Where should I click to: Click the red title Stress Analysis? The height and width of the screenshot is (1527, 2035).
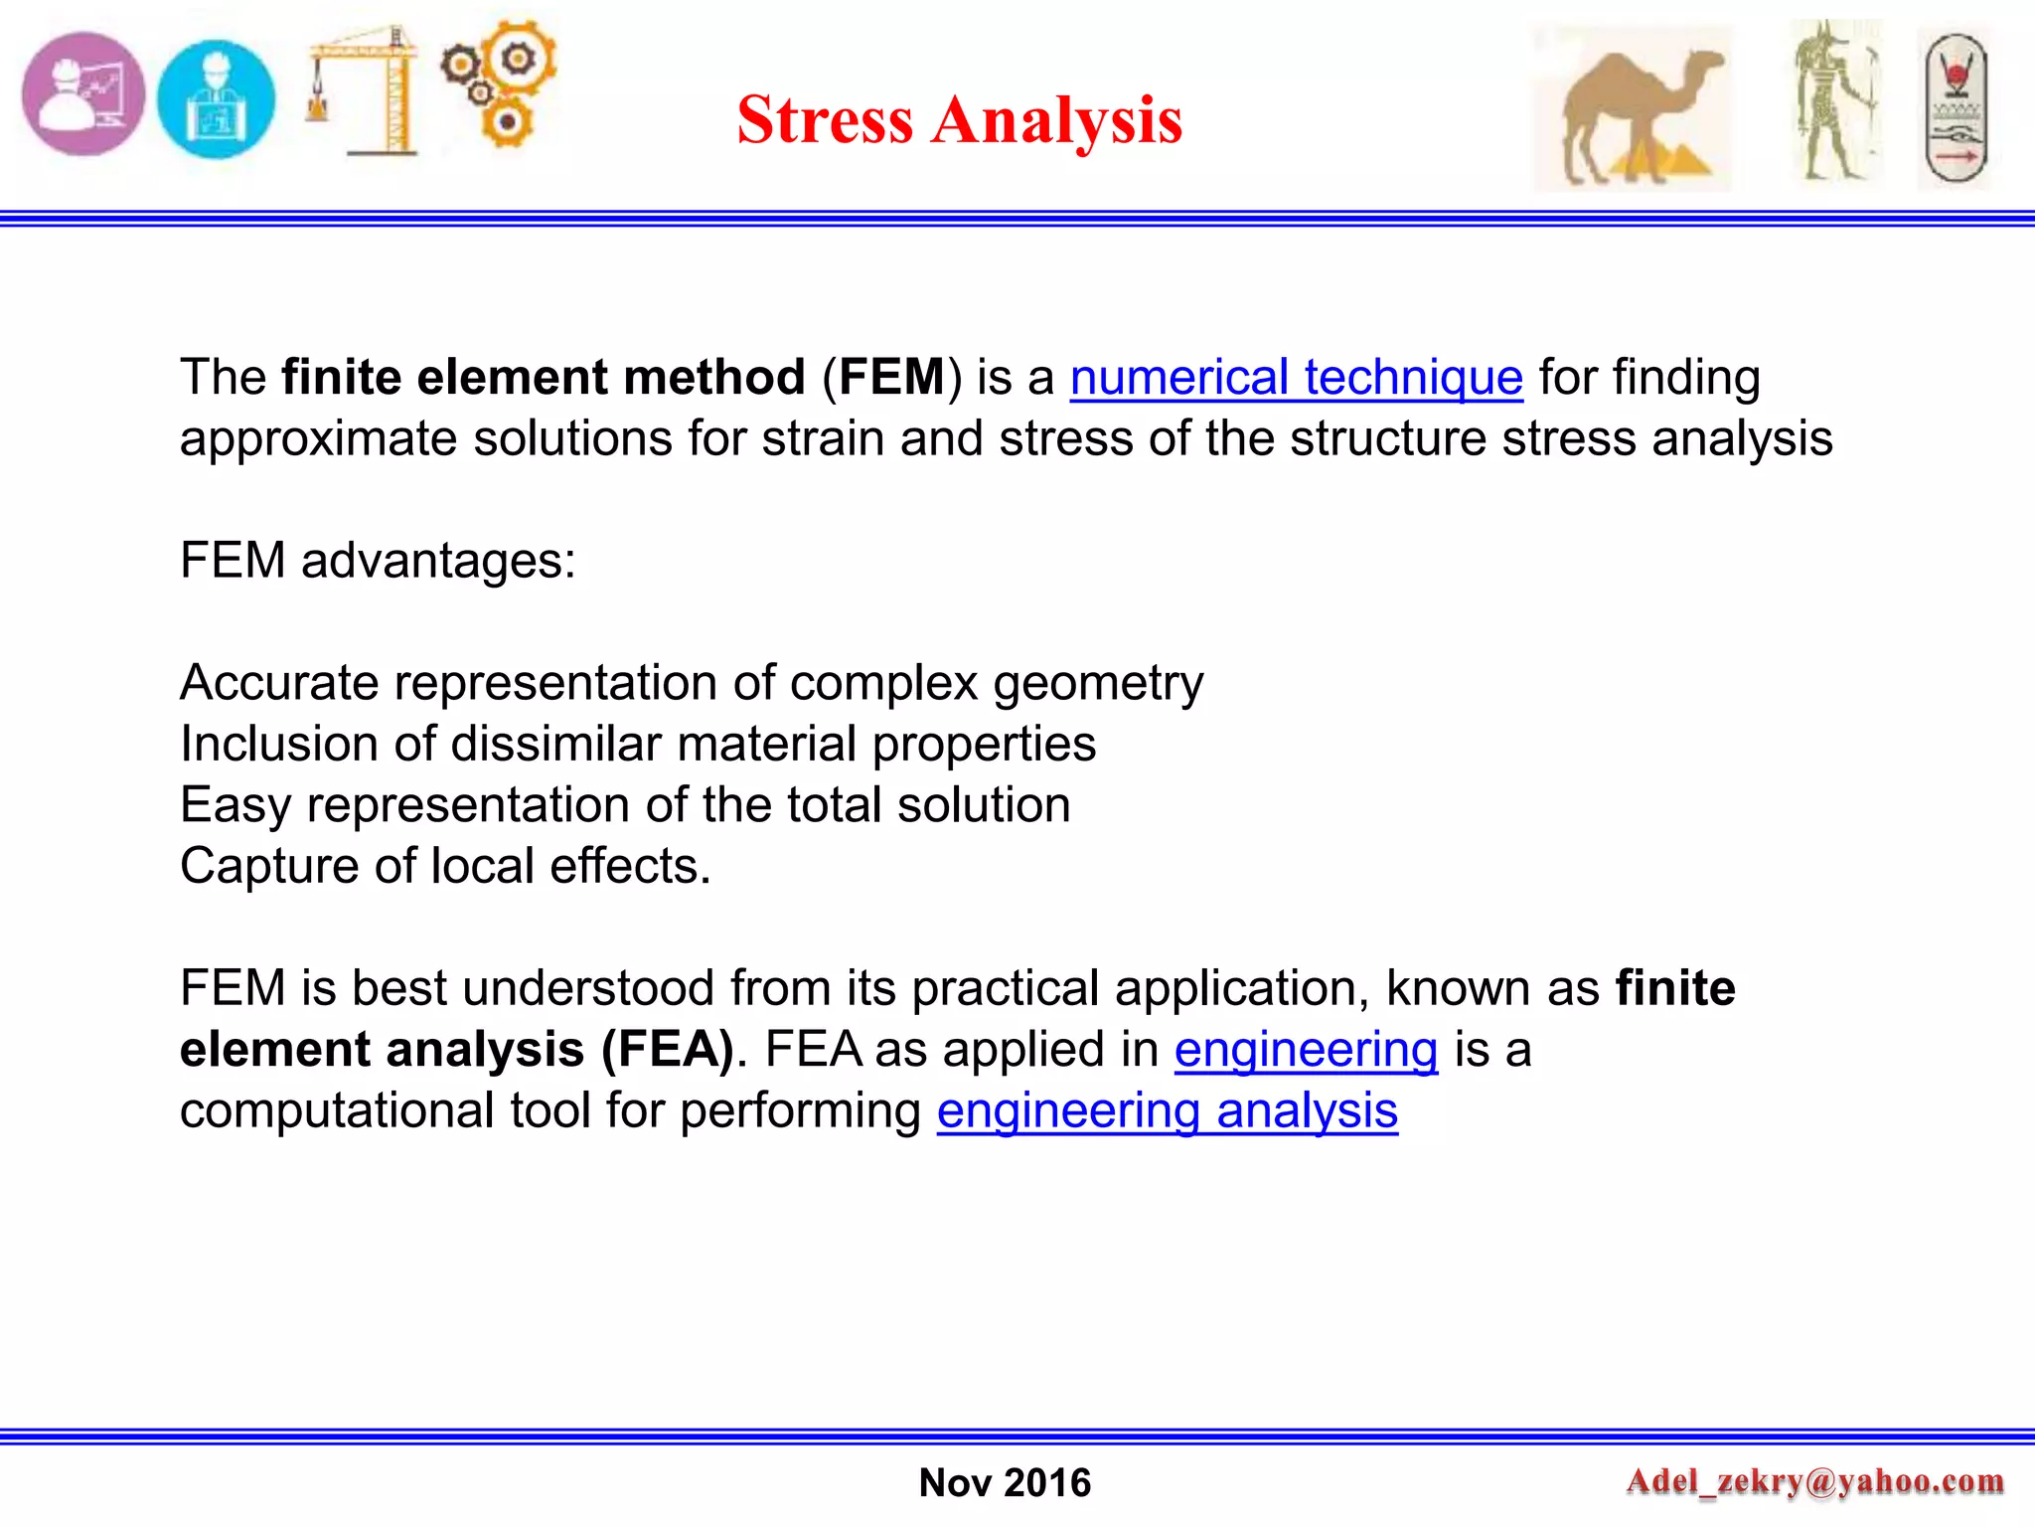pyautogui.click(x=959, y=119)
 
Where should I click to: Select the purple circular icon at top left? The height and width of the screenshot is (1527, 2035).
pyautogui.click(x=83, y=95)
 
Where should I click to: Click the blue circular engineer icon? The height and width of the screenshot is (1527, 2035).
pyautogui.click(x=217, y=99)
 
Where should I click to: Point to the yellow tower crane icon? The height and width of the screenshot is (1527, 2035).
pyautogui.click(x=366, y=91)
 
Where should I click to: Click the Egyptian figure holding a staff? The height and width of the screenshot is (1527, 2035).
pyautogui.click(x=1836, y=101)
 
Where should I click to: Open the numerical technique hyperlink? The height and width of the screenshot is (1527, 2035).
pyautogui.click(x=1296, y=378)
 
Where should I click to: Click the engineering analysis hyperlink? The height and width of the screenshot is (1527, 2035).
pyautogui.click(x=1167, y=1110)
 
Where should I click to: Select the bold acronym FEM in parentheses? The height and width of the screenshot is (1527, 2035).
pyautogui.click(x=891, y=378)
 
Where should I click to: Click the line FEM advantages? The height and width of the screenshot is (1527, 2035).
pyautogui.click(x=378, y=561)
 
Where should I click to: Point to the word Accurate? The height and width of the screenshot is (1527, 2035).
pyautogui.click(x=279, y=683)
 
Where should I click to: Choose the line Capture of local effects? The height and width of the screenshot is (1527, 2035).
pyautogui.click(x=445, y=866)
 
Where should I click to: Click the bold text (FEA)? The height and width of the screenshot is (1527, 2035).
pyautogui.click(x=668, y=1050)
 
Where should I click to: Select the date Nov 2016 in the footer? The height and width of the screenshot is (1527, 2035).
pyautogui.click(x=1005, y=1482)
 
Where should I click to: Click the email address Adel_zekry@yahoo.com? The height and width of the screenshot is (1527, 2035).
pyautogui.click(x=1814, y=1481)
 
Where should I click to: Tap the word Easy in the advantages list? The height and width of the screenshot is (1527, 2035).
pyautogui.click(x=235, y=805)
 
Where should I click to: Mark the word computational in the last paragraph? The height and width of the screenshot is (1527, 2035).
pyautogui.click(x=337, y=1110)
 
